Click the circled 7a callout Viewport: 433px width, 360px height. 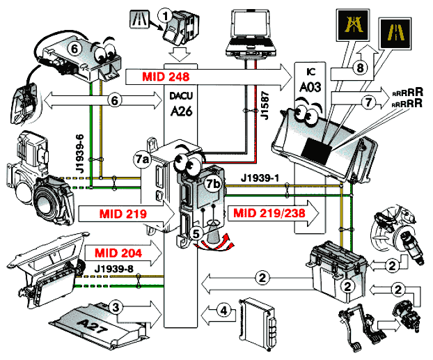coord(142,159)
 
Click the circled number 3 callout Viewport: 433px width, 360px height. coord(117,306)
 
